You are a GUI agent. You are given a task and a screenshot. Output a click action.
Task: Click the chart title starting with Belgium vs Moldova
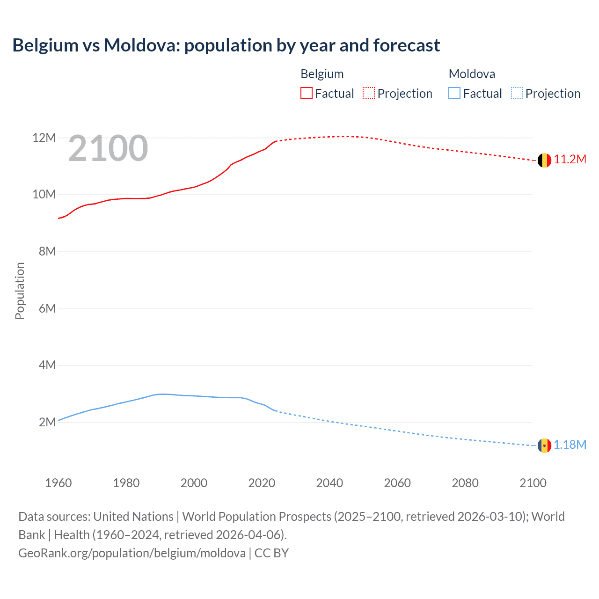226,45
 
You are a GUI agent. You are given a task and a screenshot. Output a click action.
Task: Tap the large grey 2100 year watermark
108,148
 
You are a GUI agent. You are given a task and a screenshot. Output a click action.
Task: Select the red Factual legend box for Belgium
306,94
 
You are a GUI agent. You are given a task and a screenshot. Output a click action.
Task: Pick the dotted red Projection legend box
369,94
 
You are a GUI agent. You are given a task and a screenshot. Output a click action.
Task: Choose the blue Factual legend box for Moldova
454,94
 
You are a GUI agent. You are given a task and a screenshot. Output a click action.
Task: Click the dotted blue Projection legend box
517,94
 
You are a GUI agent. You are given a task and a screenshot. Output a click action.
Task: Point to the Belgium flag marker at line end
544,161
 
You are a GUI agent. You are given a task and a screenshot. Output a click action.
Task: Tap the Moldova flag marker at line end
544,446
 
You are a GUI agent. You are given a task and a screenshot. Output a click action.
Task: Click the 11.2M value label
570,160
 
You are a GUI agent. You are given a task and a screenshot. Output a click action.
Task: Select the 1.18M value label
570,445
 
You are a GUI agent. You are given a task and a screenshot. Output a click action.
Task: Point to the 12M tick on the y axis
44,138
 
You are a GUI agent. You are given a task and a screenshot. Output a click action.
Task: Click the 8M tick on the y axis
47,251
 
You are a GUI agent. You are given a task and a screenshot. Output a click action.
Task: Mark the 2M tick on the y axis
47,422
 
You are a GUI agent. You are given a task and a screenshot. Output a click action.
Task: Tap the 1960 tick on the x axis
58,483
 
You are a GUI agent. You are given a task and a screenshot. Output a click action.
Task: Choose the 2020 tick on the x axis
262,483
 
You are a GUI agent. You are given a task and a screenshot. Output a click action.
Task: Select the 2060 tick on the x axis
397,483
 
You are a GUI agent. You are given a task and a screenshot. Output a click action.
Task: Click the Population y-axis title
20,291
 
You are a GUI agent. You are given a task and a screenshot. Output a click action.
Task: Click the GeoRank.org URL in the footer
131,553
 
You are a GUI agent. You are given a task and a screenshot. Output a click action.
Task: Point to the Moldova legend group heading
472,74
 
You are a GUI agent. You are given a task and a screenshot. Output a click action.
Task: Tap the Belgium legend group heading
322,74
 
